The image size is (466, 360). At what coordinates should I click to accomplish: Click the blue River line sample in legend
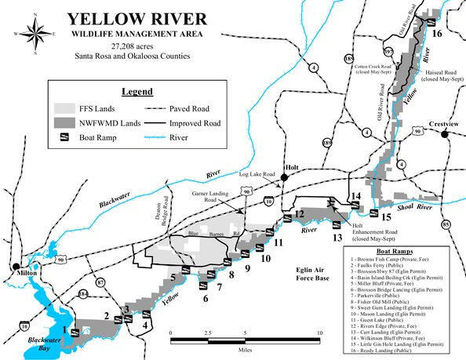pyautogui.click(x=165, y=137)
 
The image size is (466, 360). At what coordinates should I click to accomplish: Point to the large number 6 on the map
pyautogui.click(x=206, y=297)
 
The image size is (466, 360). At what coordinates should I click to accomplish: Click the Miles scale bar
pyautogui.click(x=245, y=339)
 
